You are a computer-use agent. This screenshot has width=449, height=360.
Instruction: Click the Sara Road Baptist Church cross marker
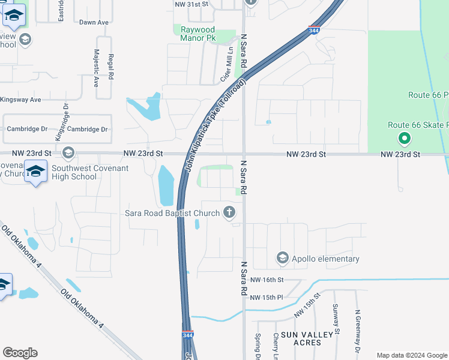229,212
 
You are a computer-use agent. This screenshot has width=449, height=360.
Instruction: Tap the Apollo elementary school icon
282,258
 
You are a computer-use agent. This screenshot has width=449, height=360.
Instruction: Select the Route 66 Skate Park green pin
405,139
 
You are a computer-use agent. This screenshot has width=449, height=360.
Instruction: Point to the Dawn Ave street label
94,22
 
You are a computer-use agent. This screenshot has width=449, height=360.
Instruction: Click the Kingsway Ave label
20,100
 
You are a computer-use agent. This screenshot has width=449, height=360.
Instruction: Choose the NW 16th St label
267,280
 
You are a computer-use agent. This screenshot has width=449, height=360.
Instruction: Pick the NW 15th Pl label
267,298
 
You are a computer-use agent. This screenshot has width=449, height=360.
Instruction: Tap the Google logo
20,353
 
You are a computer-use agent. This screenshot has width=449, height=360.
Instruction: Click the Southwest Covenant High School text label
90,172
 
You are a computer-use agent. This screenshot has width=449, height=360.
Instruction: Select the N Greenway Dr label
358,331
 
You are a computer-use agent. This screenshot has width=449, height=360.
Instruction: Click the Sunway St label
336,319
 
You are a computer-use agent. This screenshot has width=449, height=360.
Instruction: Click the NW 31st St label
191,4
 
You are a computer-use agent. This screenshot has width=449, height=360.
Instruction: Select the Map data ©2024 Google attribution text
411,355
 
